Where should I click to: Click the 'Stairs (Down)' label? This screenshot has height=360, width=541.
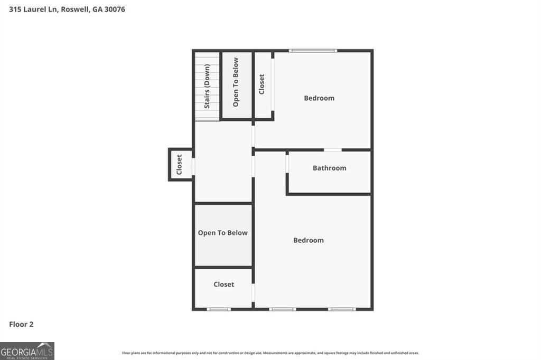(x=207, y=86)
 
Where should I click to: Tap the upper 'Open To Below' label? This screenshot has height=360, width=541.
(x=236, y=82)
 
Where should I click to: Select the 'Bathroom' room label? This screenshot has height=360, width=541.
(x=329, y=168)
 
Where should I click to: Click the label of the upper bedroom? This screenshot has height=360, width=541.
(x=319, y=98)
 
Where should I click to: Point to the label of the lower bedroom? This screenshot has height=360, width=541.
(x=308, y=240)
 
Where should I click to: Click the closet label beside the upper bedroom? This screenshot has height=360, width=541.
(x=262, y=84)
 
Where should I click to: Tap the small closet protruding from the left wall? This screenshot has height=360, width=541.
(x=179, y=165)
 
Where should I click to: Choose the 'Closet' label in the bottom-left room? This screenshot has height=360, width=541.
(x=223, y=285)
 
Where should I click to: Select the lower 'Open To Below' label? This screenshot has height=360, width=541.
(x=222, y=233)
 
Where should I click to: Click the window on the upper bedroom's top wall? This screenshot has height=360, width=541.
(x=313, y=51)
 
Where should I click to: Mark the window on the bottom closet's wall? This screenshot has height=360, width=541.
(x=218, y=309)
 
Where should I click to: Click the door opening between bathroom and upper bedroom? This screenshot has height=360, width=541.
(x=332, y=150)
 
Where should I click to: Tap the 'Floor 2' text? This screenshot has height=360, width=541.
(x=21, y=325)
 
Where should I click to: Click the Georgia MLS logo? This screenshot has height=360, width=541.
(x=27, y=351)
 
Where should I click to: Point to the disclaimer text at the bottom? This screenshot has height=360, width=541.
(x=270, y=353)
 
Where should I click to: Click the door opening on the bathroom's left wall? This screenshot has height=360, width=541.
(x=287, y=163)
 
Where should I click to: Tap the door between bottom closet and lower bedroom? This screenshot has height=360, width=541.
(x=253, y=292)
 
